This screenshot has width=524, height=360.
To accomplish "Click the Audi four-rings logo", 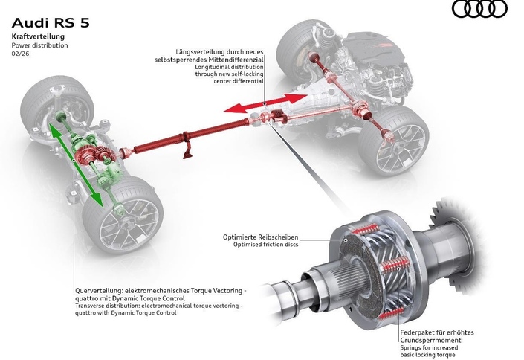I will (479, 10).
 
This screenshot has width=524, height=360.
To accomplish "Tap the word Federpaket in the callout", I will (418, 332).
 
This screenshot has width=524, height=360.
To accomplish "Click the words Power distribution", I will (39, 45).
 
